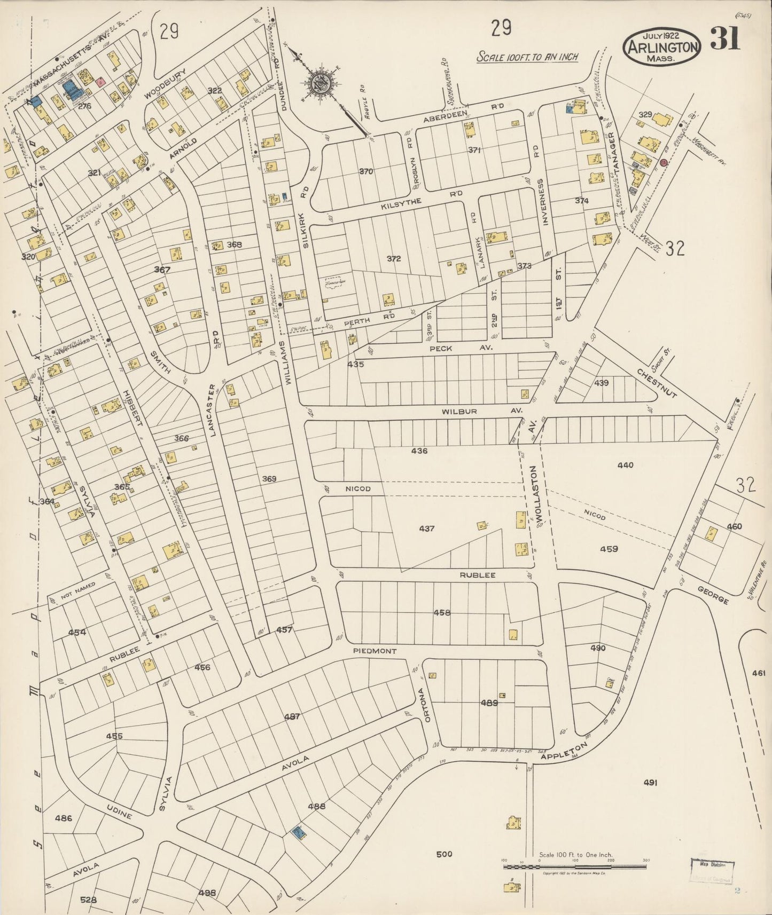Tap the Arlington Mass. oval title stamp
tap(661, 47)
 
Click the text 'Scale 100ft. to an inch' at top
tap(527, 57)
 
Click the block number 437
tap(426, 529)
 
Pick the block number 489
tap(488, 703)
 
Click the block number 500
tap(444, 854)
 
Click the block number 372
tap(394, 258)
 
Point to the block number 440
tap(625, 465)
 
